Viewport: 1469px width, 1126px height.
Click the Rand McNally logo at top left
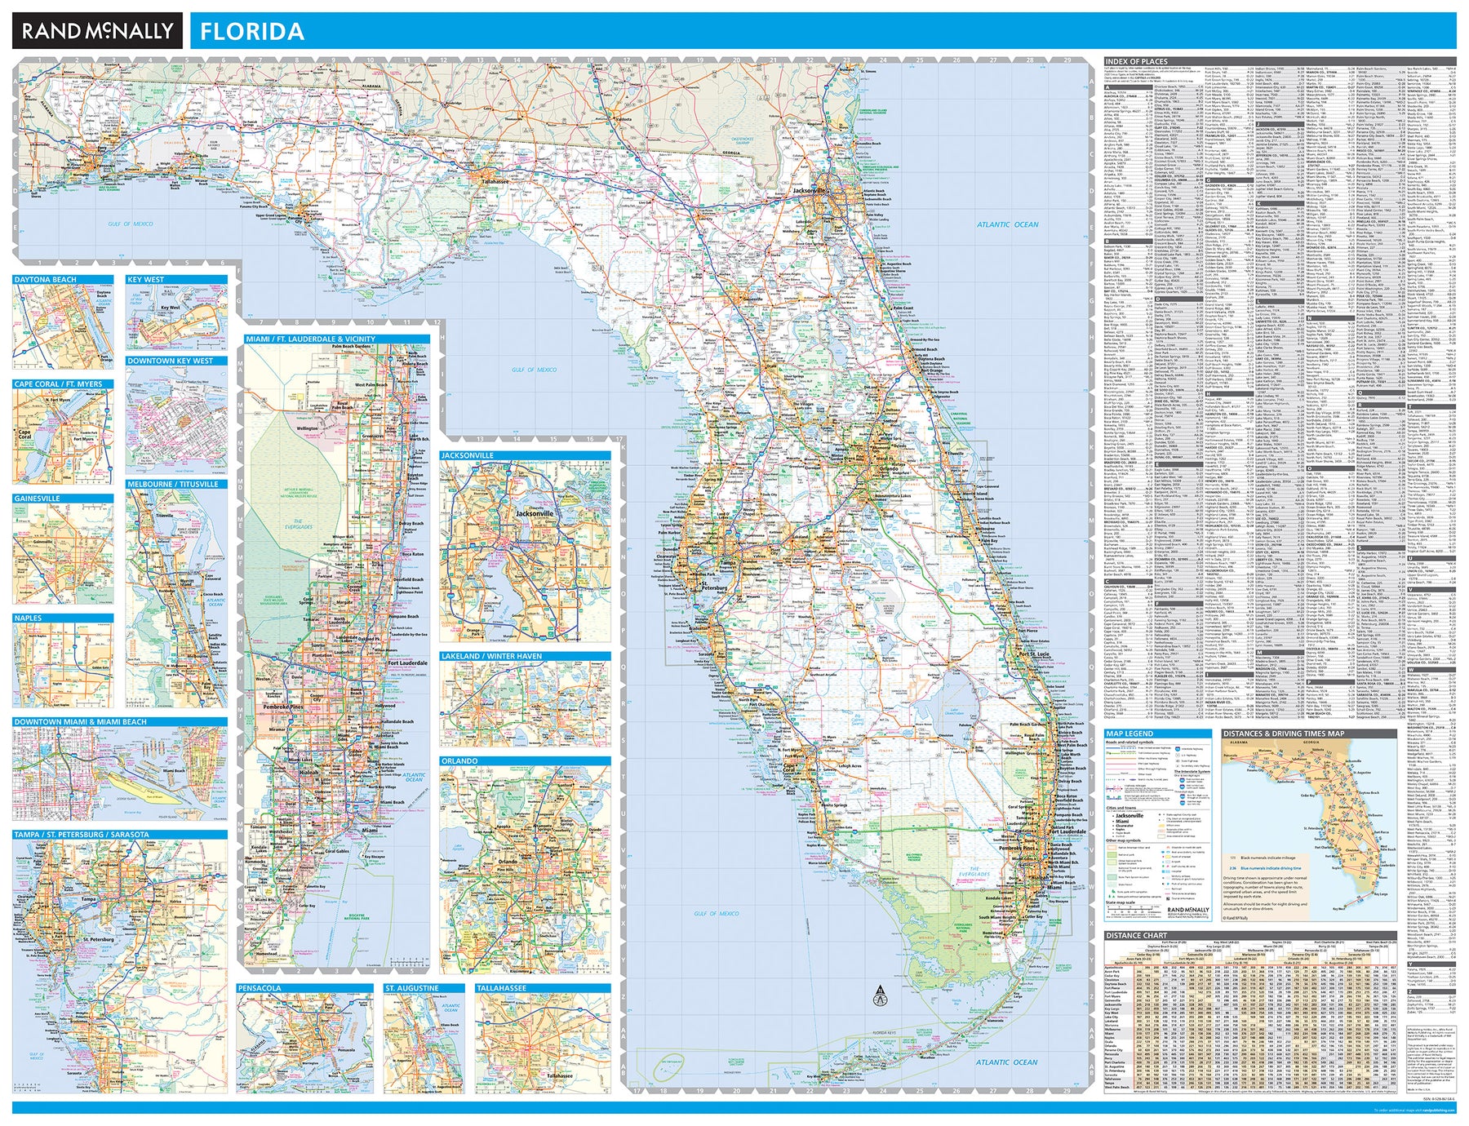coord(97,31)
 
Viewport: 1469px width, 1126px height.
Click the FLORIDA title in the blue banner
coord(252,32)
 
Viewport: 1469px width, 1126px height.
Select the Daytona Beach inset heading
coord(46,280)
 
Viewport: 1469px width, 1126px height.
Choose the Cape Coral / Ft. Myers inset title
coord(58,384)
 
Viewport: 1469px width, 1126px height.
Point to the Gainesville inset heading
coord(38,499)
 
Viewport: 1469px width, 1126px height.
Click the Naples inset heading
coord(28,618)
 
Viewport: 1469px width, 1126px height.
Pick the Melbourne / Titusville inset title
coord(173,485)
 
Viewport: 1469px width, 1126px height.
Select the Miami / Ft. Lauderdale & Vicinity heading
coord(311,339)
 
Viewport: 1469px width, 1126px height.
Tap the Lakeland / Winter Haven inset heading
coord(491,656)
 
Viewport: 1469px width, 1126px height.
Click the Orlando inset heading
coord(459,761)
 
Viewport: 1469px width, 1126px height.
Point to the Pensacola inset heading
coord(260,988)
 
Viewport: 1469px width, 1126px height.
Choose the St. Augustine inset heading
coord(412,988)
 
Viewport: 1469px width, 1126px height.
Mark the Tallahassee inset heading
coord(502,988)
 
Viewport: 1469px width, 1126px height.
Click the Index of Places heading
coord(1136,61)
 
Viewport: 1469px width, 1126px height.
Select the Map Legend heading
coord(1129,734)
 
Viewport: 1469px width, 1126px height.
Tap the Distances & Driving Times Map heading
coord(1284,734)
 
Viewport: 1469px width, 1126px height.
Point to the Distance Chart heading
coord(1136,935)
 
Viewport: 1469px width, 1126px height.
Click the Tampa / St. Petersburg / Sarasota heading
coord(82,835)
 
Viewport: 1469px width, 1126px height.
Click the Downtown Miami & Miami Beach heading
coord(81,722)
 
